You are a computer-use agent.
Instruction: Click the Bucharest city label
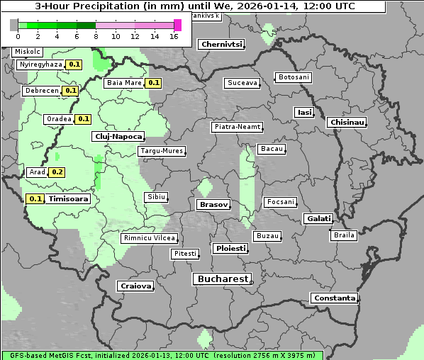click(222, 279)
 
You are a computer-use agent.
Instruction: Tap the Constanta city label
click(334, 298)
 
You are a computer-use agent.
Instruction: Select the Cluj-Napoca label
click(118, 136)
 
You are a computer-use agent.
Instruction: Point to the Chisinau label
click(347, 123)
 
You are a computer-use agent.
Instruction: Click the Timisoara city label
click(69, 199)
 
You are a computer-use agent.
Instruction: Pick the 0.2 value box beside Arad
click(57, 172)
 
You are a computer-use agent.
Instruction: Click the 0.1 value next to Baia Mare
click(154, 83)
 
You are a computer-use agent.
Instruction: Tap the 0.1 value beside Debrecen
click(70, 91)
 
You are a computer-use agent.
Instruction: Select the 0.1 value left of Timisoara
click(35, 199)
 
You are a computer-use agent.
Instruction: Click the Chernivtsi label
click(222, 44)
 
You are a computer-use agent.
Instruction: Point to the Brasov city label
click(213, 204)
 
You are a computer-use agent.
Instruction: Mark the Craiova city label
click(135, 286)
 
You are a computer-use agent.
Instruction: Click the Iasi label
click(304, 112)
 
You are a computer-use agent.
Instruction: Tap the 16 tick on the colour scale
click(174, 37)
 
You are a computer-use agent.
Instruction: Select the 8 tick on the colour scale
click(96, 37)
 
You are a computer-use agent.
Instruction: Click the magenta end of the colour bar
click(177, 25)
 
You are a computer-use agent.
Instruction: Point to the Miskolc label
click(28, 52)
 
